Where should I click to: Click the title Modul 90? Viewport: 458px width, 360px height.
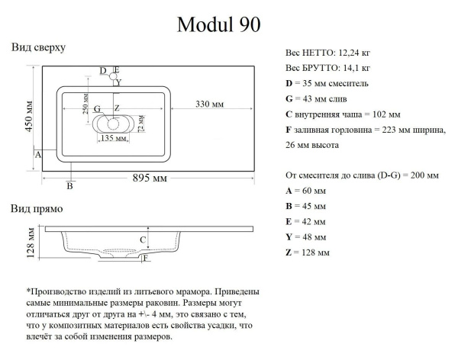218,24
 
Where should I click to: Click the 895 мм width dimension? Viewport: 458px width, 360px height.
150,178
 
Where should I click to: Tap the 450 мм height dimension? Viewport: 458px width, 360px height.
29,117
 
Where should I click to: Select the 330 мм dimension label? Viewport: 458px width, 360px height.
209,104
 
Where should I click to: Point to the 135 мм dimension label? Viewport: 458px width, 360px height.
114,137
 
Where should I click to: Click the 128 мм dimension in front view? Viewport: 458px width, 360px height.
31,243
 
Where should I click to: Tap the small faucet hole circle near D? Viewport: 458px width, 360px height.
113,76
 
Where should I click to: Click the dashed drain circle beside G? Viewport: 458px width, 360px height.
113,124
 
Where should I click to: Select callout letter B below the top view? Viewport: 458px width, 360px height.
69,185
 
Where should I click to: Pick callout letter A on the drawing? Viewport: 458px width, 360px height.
38,155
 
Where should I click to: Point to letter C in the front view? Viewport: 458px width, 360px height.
143,240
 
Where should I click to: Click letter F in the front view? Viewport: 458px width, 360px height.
146,258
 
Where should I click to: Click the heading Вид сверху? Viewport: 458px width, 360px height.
38,47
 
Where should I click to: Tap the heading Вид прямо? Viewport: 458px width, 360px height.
37,209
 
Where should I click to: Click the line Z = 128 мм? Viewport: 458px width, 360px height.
308,252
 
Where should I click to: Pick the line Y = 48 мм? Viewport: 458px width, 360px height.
305,237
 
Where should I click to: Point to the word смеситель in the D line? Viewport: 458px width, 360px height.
348,83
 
